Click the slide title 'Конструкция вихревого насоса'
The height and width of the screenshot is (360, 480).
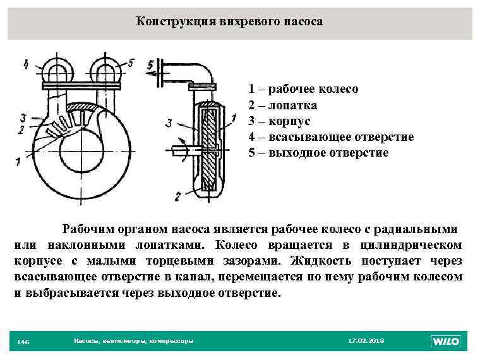pos(229,21)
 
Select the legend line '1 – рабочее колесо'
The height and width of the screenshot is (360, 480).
pos(303,89)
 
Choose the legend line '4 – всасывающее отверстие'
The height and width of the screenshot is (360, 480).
pos(331,136)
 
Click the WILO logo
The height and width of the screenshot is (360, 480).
pos(446,341)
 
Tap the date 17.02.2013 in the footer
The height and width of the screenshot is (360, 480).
pos(366,341)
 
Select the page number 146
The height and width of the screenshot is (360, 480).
pos(23,342)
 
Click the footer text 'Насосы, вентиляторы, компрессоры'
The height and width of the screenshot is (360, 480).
pos(133,341)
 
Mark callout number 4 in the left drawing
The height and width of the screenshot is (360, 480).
pos(25,63)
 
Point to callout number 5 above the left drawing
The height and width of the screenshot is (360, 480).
pos(131,63)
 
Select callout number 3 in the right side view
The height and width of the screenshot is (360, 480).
pos(168,124)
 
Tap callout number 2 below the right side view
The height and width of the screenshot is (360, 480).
pos(179,196)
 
